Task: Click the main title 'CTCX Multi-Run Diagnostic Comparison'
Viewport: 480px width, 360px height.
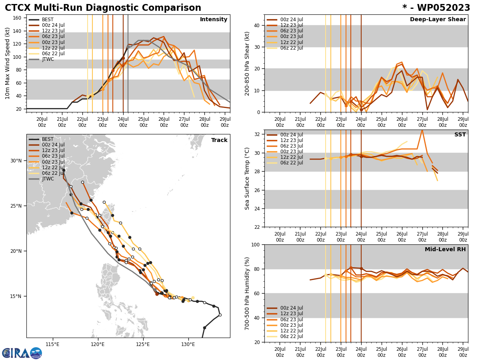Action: [x=103, y=8]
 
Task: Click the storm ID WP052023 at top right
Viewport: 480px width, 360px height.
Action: [x=436, y=8]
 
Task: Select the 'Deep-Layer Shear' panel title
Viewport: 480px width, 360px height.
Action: [x=438, y=20]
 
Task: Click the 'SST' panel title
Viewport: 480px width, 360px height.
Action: [x=460, y=135]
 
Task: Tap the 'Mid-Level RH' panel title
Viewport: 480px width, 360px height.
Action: [x=445, y=250]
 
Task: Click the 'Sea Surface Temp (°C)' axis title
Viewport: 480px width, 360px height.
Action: [x=247, y=178]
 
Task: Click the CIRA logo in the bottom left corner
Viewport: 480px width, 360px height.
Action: [x=22, y=353]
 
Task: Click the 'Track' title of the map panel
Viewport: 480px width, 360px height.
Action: [x=219, y=140]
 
